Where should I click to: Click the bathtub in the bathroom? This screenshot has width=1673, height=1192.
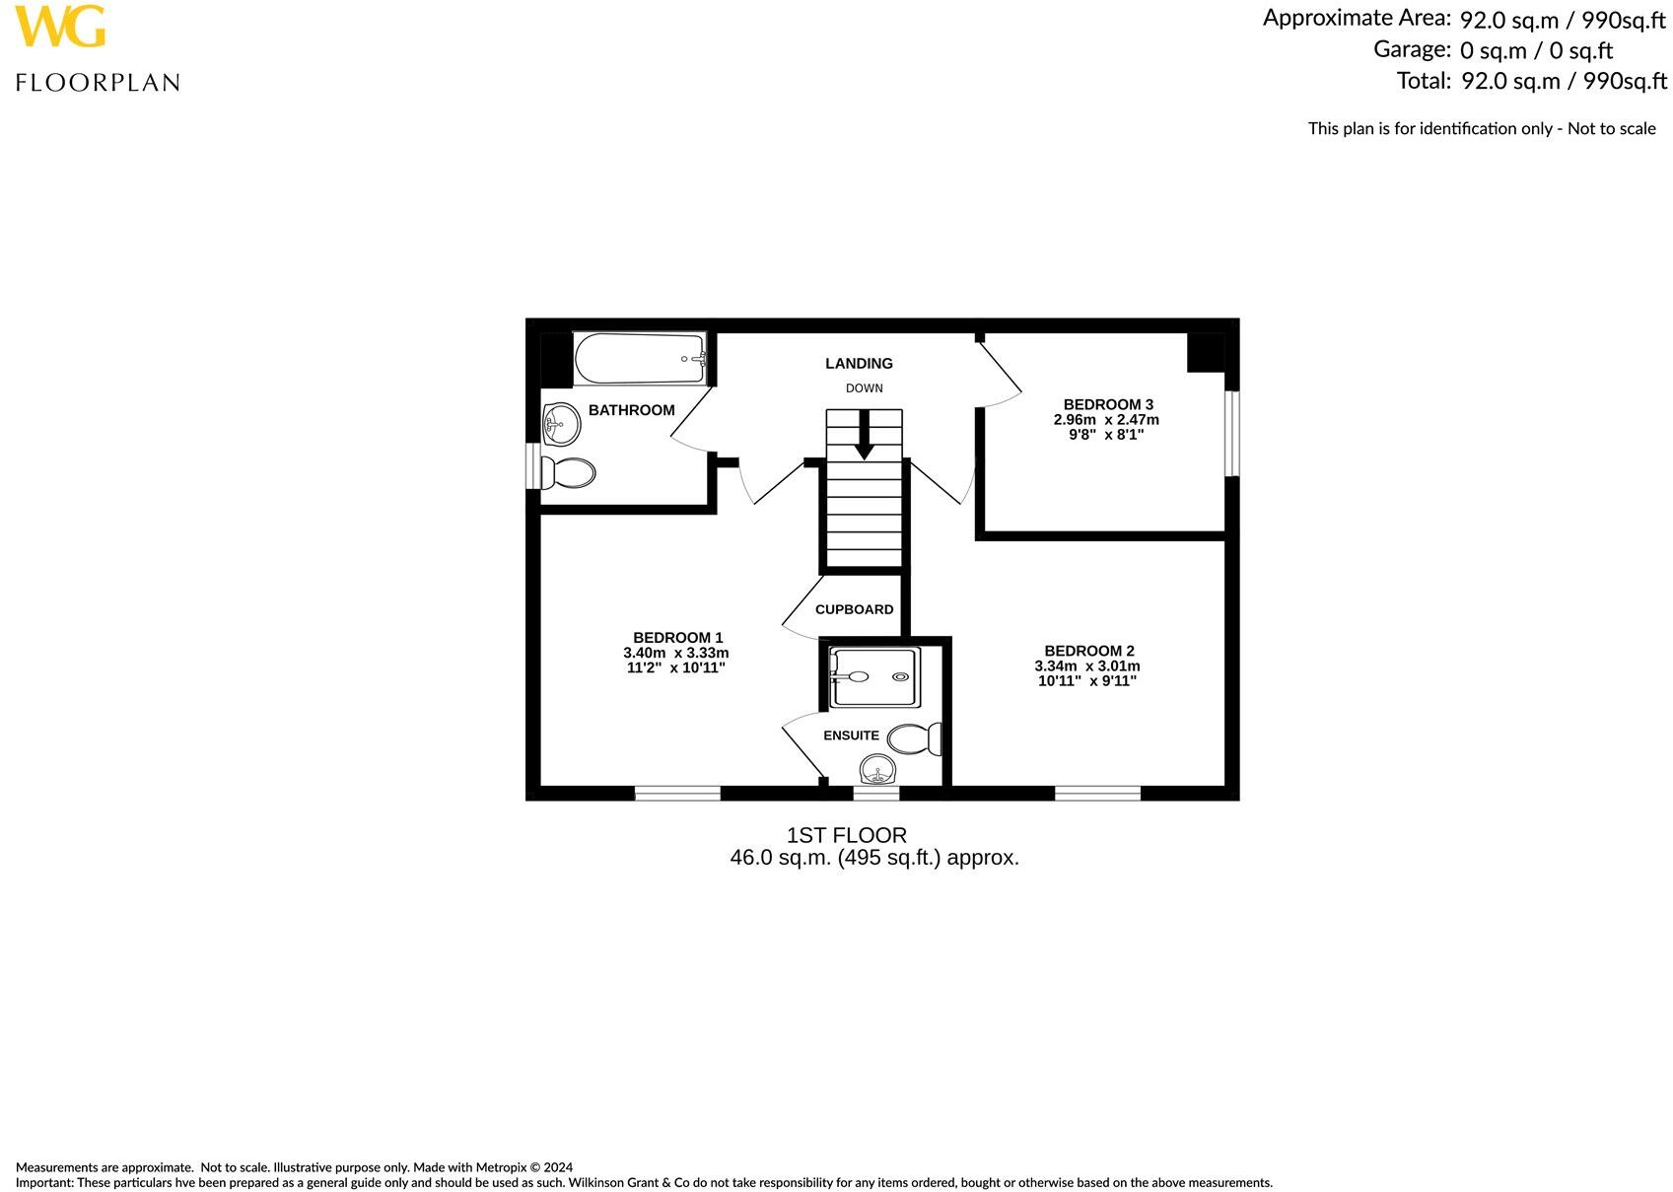[640, 359]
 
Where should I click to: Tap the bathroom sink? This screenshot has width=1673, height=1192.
[559, 424]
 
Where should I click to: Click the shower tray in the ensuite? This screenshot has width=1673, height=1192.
[874, 677]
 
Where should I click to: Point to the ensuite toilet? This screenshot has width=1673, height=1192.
[914, 739]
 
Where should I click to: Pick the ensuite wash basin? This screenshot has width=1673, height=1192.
[876, 769]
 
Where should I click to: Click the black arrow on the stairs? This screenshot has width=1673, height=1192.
[864, 435]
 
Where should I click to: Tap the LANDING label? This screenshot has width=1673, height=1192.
[859, 364]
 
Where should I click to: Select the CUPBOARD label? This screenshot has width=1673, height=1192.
[854, 609]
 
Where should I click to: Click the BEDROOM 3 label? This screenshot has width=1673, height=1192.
[1108, 404]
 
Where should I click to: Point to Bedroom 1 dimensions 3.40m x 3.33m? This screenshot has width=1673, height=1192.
[676, 653]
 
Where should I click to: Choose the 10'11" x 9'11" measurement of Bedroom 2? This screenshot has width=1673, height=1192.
[1087, 680]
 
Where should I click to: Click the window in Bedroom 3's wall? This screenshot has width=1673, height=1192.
[1231, 434]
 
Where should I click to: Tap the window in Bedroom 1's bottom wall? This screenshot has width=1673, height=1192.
[677, 793]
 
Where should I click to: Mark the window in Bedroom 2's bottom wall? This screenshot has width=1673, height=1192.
[1097, 793]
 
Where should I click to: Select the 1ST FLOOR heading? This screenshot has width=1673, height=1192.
[846, 835]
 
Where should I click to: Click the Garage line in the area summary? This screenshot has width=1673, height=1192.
[1493, 49]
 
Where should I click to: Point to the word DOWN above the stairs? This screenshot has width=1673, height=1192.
[864, 388]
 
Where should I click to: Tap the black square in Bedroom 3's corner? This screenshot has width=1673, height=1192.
[1206, 352]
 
